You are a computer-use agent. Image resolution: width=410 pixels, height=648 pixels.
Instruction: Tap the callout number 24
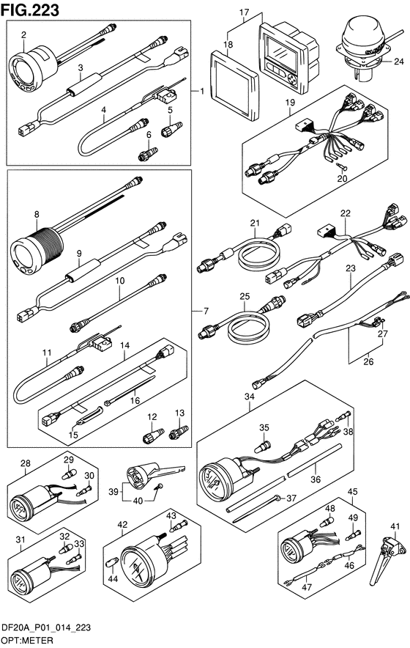[398, 62]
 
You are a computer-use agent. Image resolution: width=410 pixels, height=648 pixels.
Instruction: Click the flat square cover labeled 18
[234, 85]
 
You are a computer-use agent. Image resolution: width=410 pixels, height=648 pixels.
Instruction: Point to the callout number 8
[37, 215]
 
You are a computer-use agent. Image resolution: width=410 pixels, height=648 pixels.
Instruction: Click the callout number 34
[250, 397]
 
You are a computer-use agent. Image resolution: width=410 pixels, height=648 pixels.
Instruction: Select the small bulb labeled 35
[263, 446]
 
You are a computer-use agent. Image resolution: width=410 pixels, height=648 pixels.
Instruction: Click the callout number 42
[122, 524]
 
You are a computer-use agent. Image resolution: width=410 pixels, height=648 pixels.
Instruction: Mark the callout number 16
[135, 400]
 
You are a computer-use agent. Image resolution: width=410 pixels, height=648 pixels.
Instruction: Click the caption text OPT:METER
[27, 641]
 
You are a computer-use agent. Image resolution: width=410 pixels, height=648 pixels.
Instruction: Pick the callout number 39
[113, 492]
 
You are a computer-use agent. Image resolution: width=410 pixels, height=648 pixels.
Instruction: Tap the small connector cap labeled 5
[171, 129]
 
